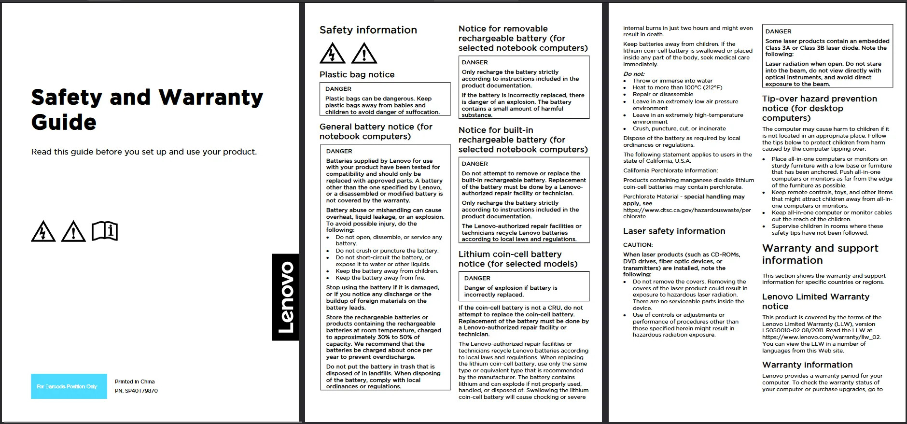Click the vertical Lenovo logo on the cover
coord(286,297)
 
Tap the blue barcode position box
coord(69,386)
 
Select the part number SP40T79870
coord(136,391)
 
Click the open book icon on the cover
coord(105,231)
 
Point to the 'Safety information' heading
coord(368,30)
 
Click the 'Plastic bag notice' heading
coord(357,74)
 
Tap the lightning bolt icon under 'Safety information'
coord(332,54)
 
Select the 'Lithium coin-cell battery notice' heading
coord(517,259)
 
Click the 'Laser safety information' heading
coord(674,231)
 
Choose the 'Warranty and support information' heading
coord(820,254)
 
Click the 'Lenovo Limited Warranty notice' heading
coord(815,301)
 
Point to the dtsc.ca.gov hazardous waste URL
coord(687,213)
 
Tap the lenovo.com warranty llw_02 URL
coord(822,337)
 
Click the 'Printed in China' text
coord(135,382)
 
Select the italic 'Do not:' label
coord(634,74)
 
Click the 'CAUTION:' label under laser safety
coord(638,245)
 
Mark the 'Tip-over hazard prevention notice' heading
coord(819,108)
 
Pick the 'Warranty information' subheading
coord(807,365)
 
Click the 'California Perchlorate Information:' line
coord(670,170)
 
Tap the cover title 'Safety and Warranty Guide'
coord(147,110)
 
